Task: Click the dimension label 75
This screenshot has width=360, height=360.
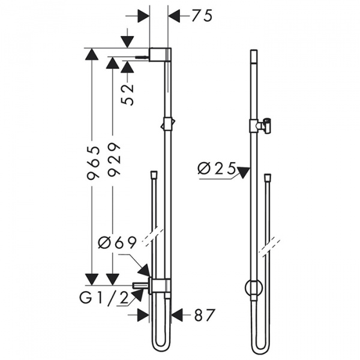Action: [x=202, y=16]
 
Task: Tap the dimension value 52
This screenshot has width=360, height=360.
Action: [x=128, y=95]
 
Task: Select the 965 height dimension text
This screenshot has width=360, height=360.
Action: [x=94, y=163]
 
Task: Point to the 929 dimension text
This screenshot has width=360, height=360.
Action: [x=114, y=160]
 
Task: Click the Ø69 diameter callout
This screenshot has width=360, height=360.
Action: [x=117, y=242]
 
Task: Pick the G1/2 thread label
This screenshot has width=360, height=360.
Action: [x=104, y=298]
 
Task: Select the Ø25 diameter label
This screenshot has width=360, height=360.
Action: [x=217, y=169]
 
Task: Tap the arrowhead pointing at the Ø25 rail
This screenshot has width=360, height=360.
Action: [x=244, y=172]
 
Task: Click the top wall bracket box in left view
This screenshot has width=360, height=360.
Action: [x=160, y=55]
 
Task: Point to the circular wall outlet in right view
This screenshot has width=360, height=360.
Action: [x=253, y=287]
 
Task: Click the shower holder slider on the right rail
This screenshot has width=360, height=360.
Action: [x=260, y=126]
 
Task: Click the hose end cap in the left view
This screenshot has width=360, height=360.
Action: [x=154, y=175]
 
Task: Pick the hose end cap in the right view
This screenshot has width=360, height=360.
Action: [x=267, y=178]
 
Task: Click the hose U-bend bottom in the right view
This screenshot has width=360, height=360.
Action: [x=260, y=351]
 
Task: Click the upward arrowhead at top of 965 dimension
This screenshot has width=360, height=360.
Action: [x=92, y=54]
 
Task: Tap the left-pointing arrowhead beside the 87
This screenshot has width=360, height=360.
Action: [x=177, y=315]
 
